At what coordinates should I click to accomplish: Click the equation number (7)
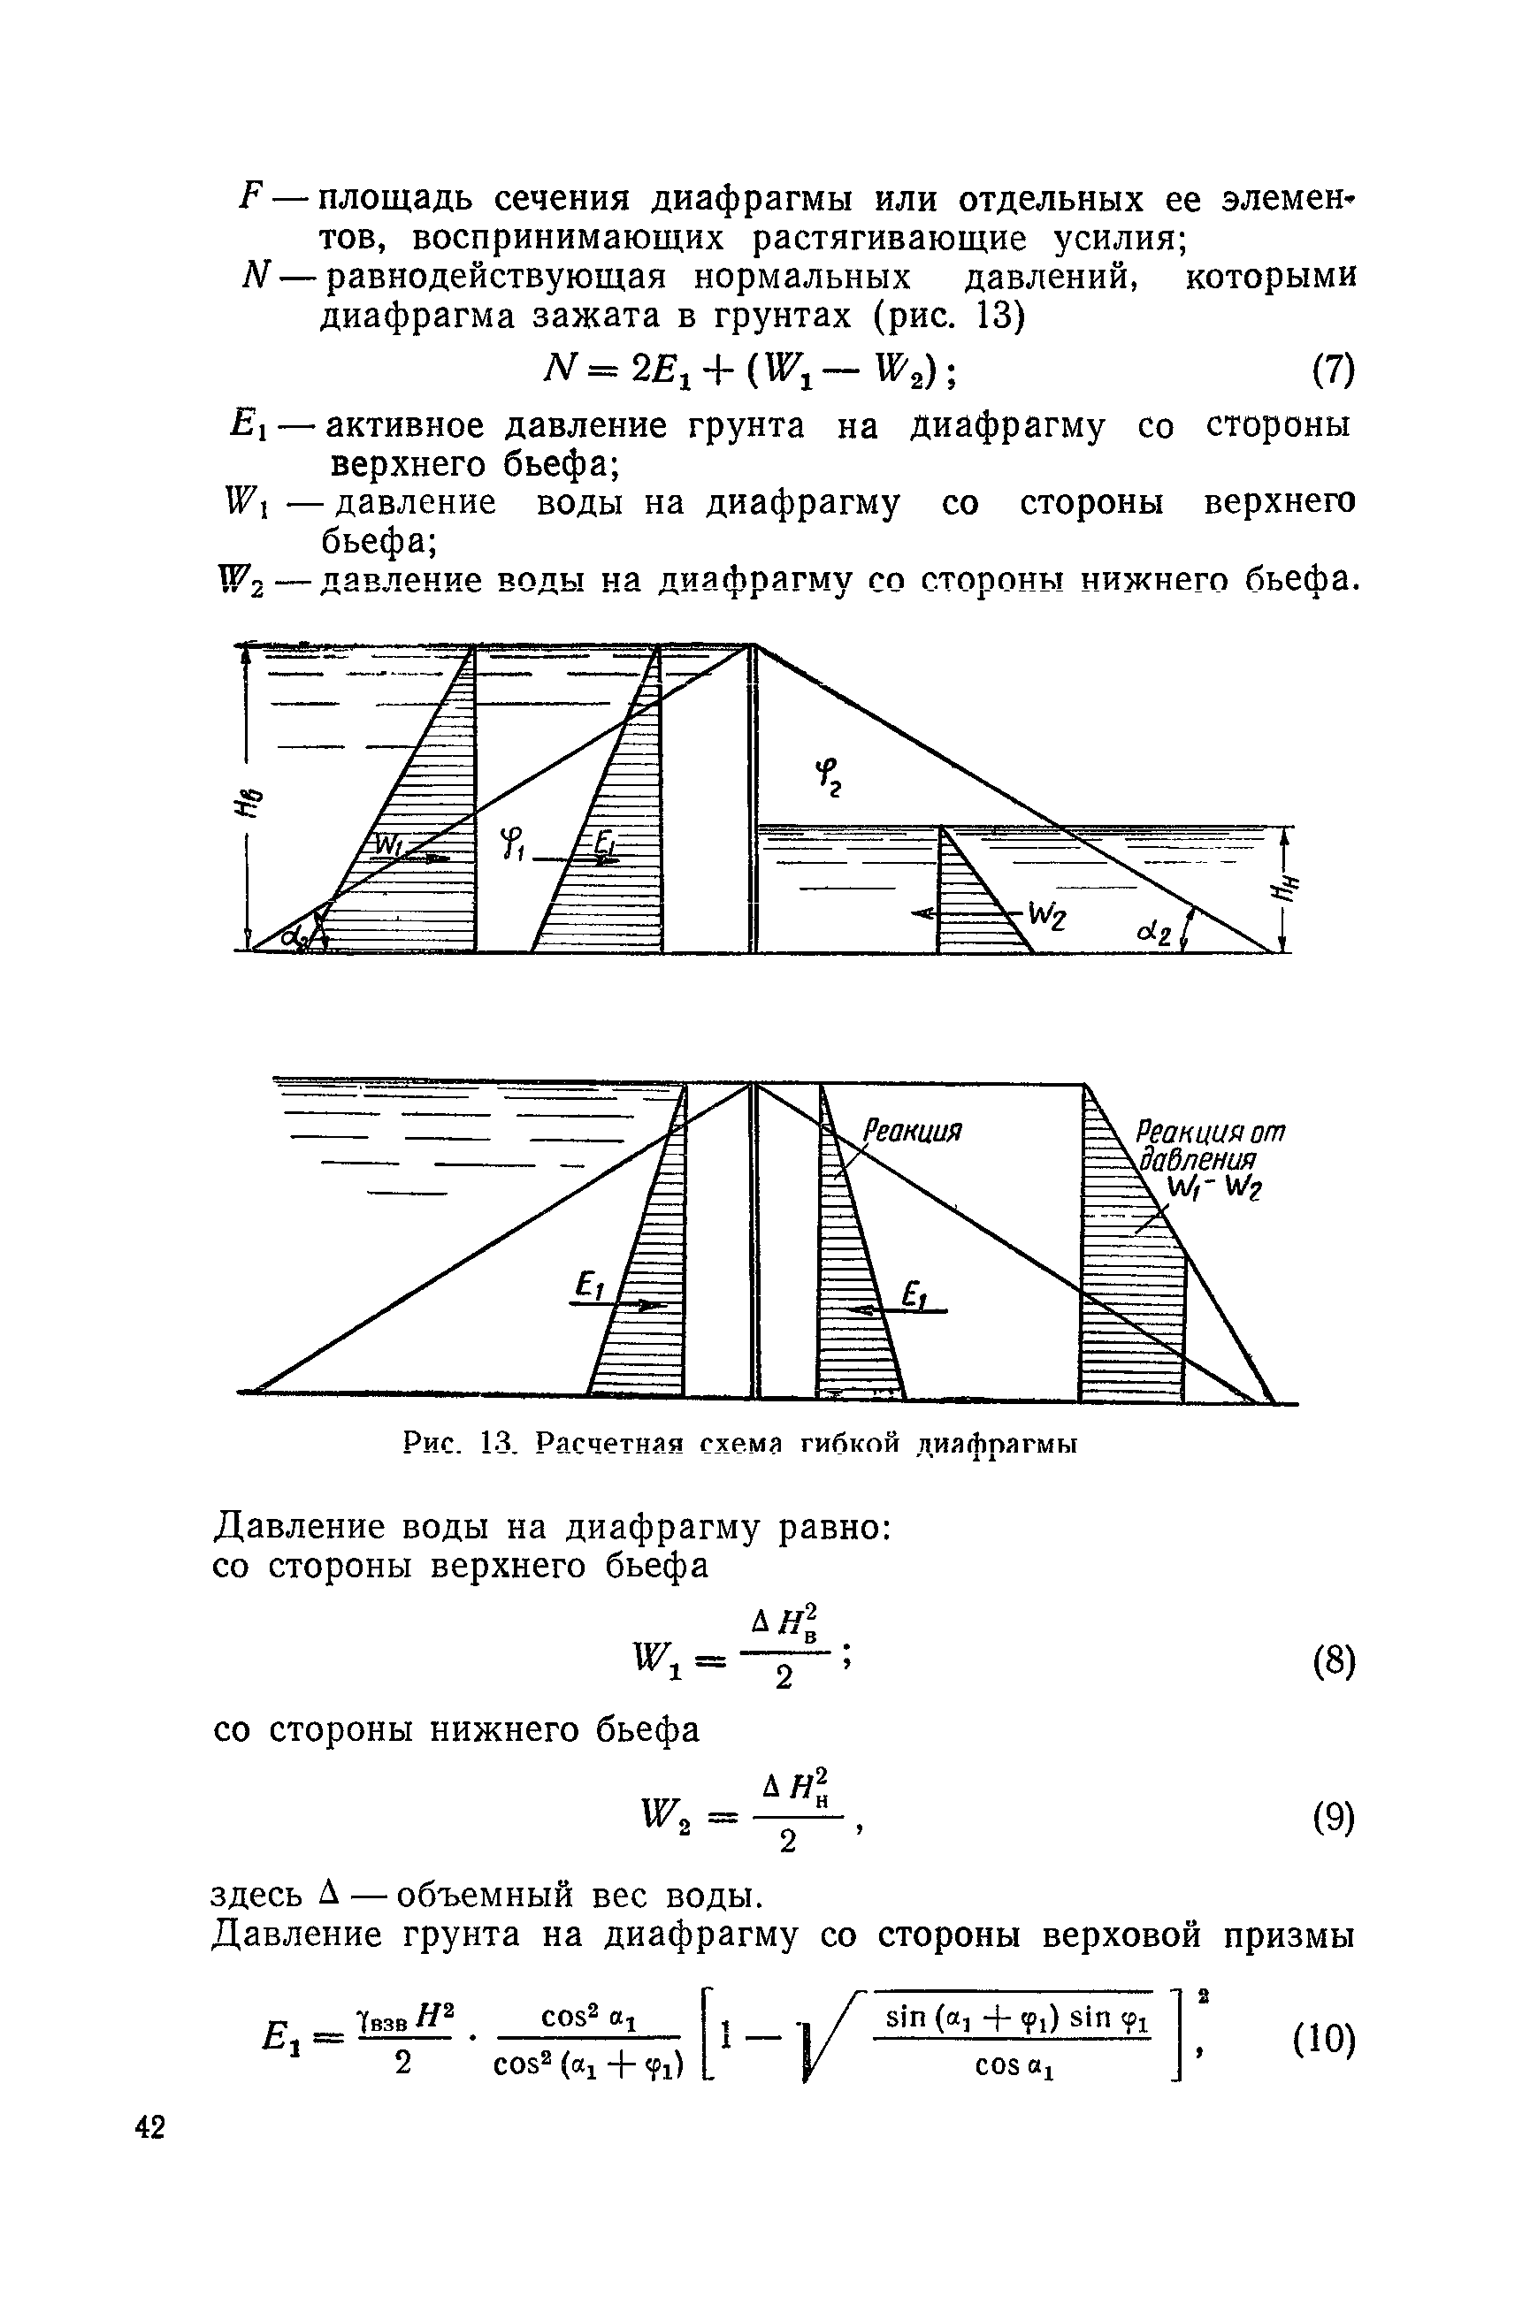click(x=1334, y=370)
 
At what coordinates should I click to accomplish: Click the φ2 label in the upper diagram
click(x=828, y=775)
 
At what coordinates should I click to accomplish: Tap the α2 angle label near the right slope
click(x=1155, y=933)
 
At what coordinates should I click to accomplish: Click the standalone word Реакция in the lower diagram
click(x=913, y=1131)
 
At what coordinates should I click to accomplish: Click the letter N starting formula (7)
click(x=560, y=368)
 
